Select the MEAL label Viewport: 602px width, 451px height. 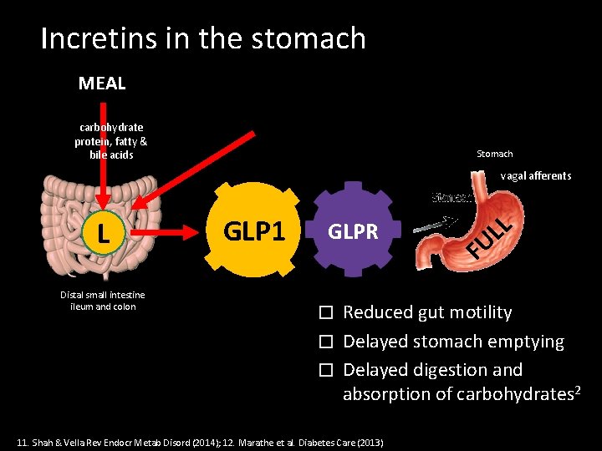pyautogui.click(x=102, y=84)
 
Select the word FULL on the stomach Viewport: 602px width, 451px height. pyautogui.click(x=488, y=236)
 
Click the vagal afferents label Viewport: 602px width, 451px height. pyautogui.click(x=536, y=176)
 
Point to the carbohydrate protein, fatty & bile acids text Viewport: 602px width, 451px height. pyautogui.click(x=110, y=141)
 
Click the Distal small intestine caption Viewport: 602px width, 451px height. pyautogui.click(x=102, y=301)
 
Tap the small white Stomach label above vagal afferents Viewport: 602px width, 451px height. pyautogui.click(x=494, y=155)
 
